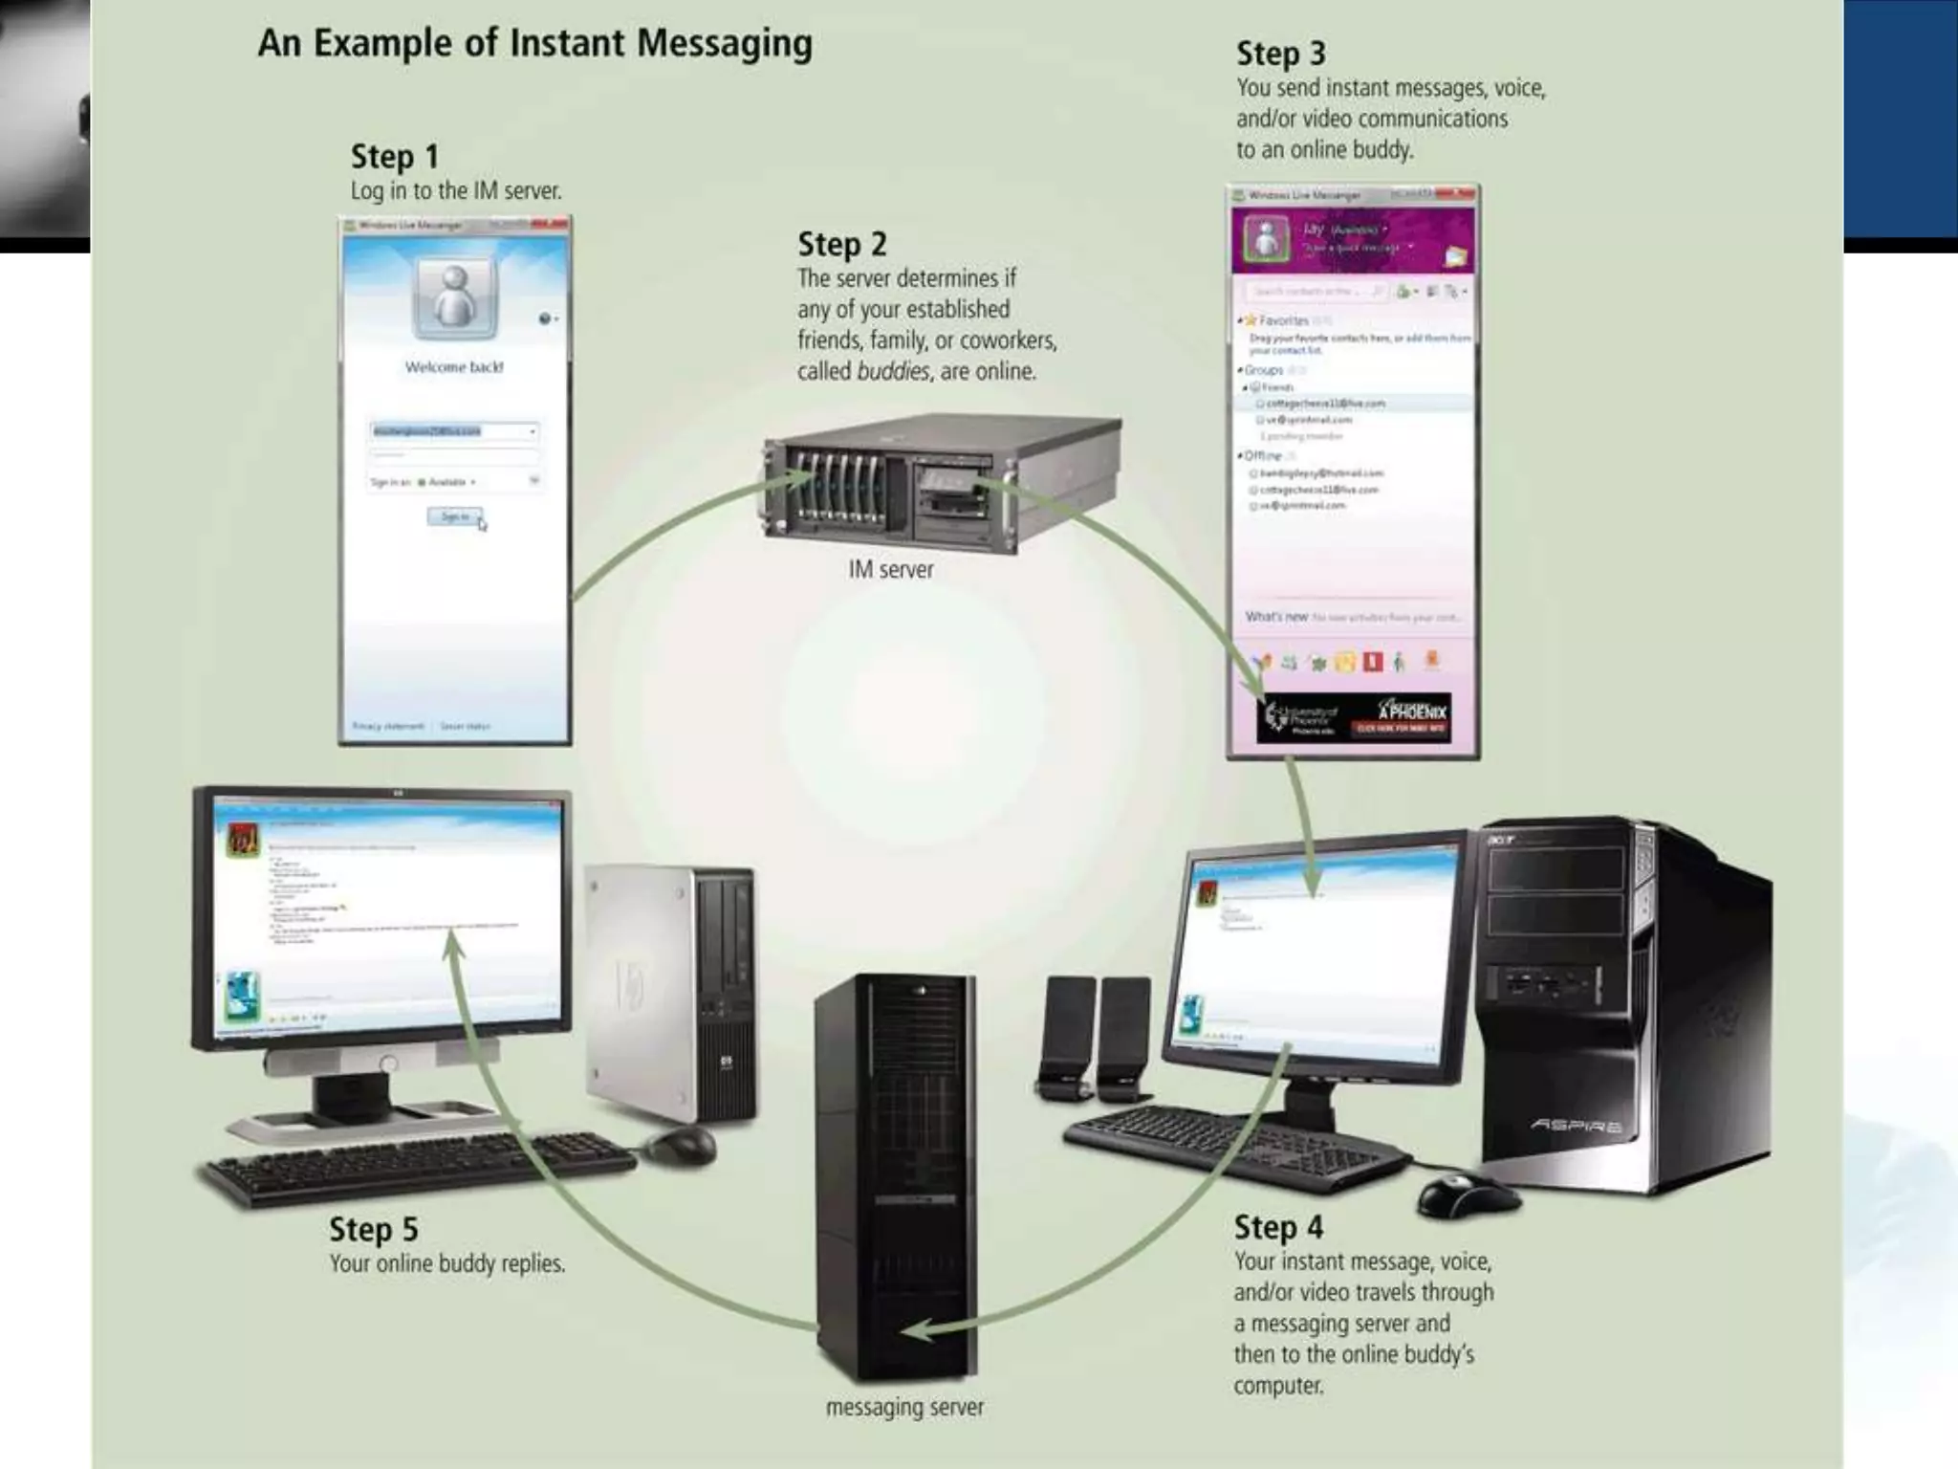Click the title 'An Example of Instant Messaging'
[x=534, y=44]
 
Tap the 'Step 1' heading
[x=394, y=157]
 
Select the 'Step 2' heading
[x=841, y=245]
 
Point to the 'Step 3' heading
[x=1280, y=55]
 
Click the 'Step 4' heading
[x=1278, y=1227]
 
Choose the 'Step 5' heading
[x=373, y=1230]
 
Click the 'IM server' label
[x=890, y=570]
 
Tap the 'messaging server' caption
[x=904, y=1408]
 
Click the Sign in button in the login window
[x=455, y=517]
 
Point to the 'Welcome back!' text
[x=454, y=367]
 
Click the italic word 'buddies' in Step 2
[x=893, y=372]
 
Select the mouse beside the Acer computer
[x=1467, y=1195]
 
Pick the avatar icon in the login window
[x=455, y=297]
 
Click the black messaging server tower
[x=896, y=1176]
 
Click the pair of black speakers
[x=1095, y=1038]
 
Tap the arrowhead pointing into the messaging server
[x=916, y=1330]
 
